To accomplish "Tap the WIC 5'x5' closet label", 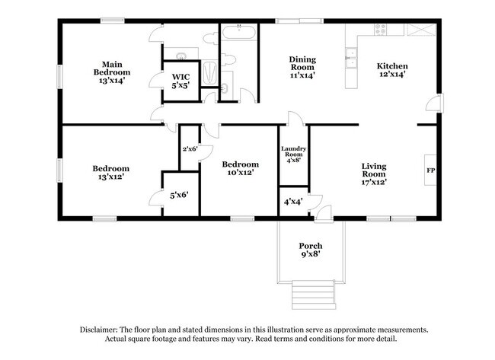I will [x=180, y=81].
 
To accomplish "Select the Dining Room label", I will [x=302, y=67].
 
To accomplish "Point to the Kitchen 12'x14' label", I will [x=393, y=70].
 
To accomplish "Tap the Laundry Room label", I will [x=293, y=155].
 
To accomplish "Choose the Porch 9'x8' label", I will [x=310, y=250].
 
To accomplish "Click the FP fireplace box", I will [x=430, y=170].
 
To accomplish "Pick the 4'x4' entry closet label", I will [x=292, y=202].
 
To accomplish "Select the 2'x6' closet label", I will [x=190, y=148].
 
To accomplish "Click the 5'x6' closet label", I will [x=179, y=195].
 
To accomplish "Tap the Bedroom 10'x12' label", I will [x=240, y=168].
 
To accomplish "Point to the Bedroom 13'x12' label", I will [x=110, y=172].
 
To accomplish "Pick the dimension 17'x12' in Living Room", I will [x=374, y=182].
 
